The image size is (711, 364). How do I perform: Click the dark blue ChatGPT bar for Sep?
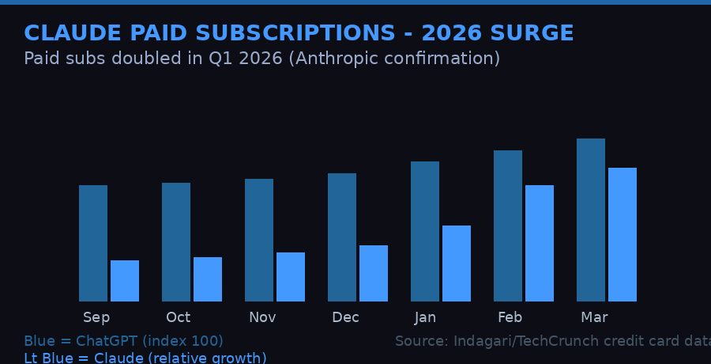pos(93,243)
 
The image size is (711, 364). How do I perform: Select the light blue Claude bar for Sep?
pos(125,281)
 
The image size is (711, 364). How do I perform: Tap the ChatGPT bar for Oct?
pos(176,242)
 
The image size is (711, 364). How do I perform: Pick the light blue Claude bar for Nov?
pos(291,277)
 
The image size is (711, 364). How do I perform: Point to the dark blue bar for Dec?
pos(342,237)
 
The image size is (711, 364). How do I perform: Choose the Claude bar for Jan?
pos(457,264)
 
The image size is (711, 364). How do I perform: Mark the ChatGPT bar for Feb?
pos(508,226)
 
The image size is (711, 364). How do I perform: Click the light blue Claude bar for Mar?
pos(623,234)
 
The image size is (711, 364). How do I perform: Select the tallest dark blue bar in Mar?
pos(591,220)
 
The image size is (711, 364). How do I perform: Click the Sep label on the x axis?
pos(96,317)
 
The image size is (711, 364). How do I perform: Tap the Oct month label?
pos(178,317)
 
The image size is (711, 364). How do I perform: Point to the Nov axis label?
pos(262,317)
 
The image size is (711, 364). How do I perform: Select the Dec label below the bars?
pos(345,317)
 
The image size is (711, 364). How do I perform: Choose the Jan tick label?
pos(425,317)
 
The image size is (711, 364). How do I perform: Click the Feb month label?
pos(510,317)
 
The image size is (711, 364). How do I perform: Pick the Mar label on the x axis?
pos(594,317)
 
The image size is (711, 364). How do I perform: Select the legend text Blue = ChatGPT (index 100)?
pos(123,341)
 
